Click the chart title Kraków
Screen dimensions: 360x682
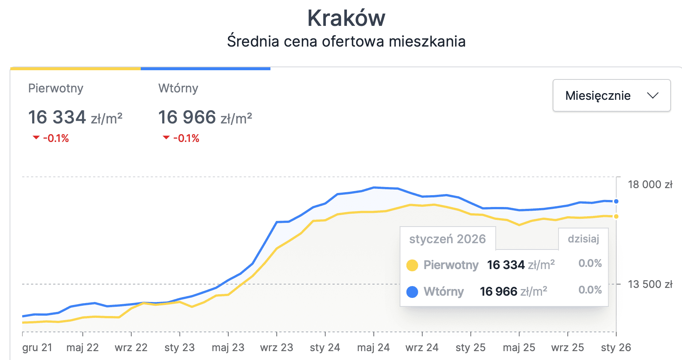(346, 18)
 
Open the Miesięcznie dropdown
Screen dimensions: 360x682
(611, 95)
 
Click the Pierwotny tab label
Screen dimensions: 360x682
(56, 88)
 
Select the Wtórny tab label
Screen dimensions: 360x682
(178, 88)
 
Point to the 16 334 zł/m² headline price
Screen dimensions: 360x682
(75, 118)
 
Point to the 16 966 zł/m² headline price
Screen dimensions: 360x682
(205, 118)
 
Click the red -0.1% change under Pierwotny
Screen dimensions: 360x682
(55, 138)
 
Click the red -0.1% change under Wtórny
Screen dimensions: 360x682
(186, 138)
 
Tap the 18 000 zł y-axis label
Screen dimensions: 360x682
(650, 184)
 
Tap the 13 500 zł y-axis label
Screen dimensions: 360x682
(650, 284)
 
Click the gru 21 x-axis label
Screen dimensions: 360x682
(37, 347)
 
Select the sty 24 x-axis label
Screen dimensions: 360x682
(325, 347)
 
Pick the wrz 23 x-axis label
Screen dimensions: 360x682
(276, 347)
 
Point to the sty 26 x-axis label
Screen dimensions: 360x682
(616, 347)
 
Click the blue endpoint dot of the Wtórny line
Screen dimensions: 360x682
(616, 201)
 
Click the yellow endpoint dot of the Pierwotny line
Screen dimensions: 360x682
(616, 217)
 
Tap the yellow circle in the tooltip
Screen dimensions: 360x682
(412, 265)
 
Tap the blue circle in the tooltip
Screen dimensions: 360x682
(412, 292)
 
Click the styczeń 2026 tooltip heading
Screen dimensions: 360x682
(447, 239)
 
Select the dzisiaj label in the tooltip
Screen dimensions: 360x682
(583, 239)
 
